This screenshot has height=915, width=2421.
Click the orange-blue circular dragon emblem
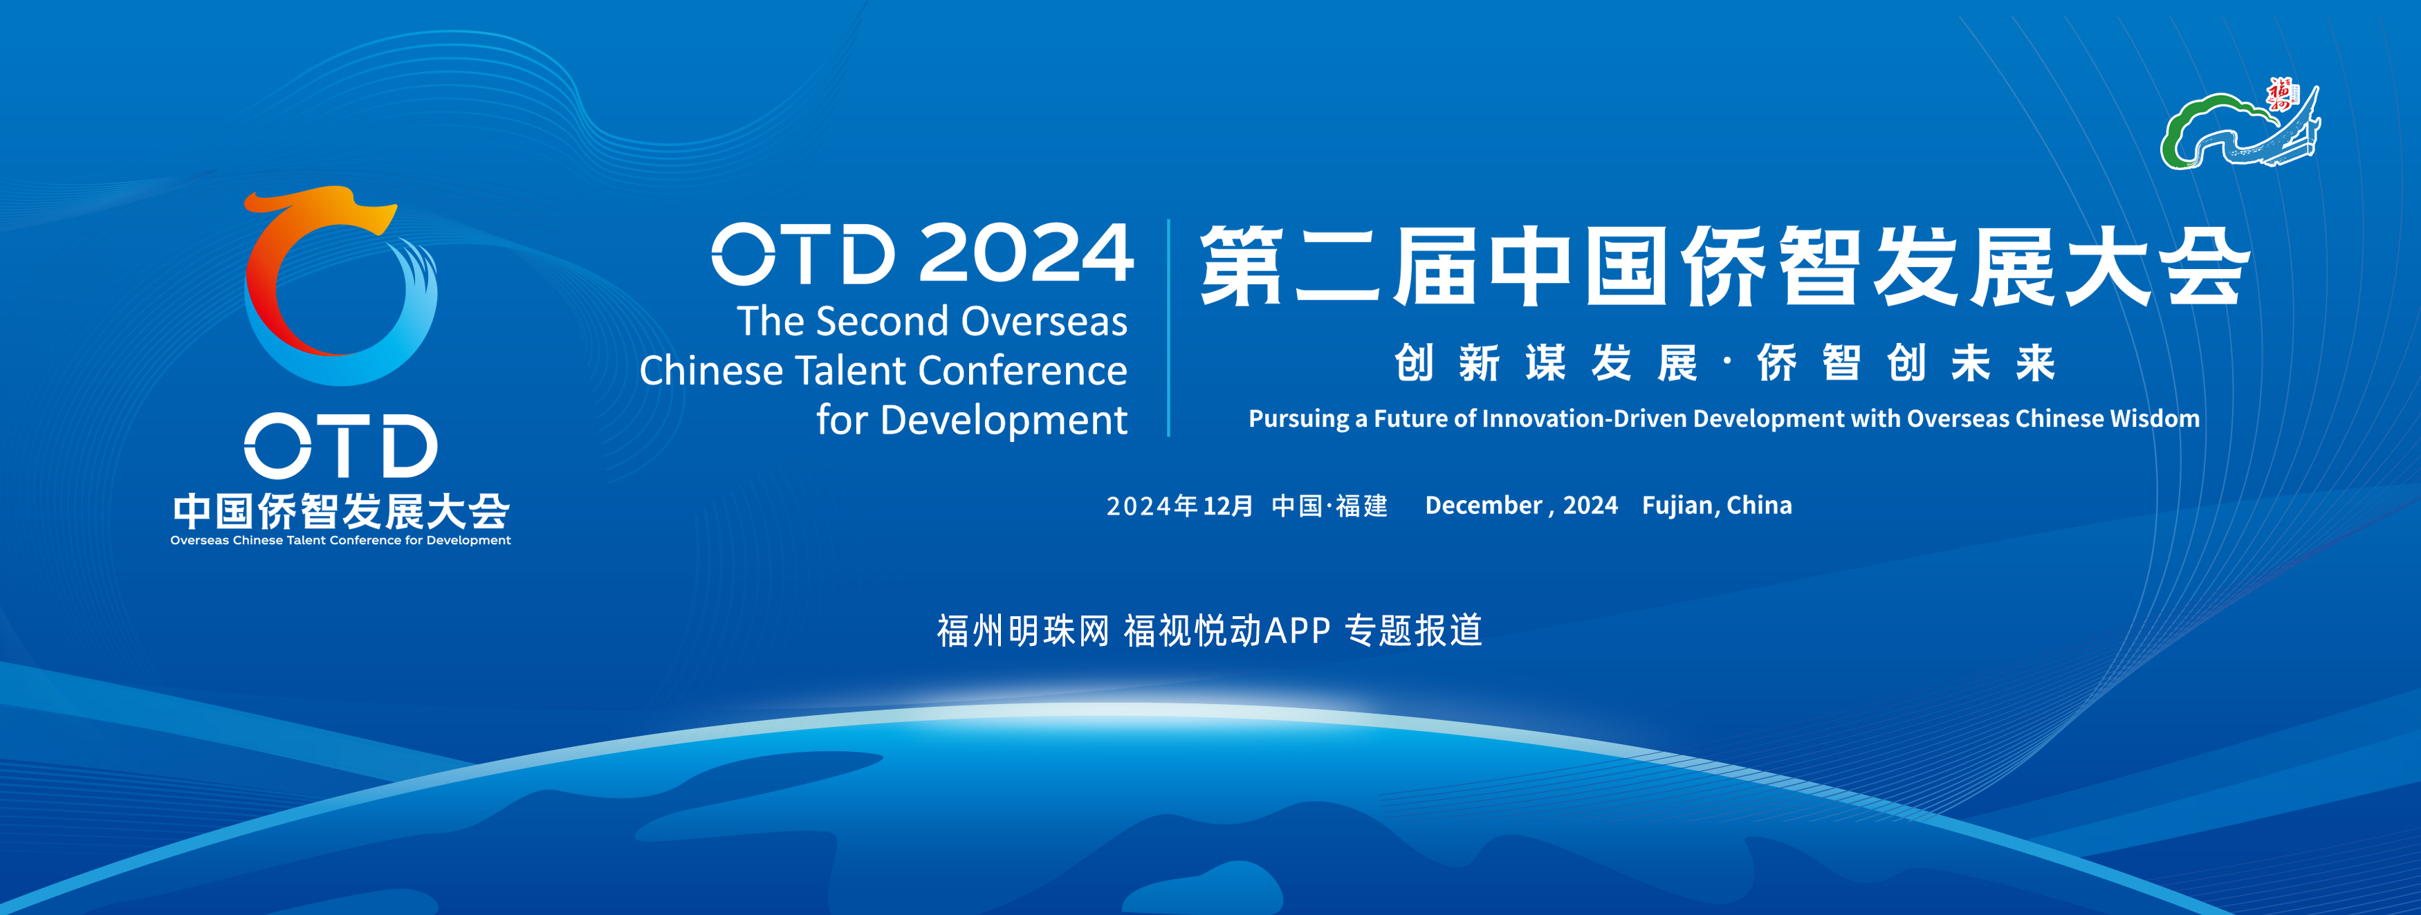pyautogui.click(x=340, y=286)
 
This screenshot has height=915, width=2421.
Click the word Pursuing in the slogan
pyautogui.click(x=1299, y=419)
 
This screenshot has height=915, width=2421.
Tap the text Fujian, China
pyautogui.click(x=1717, y=506)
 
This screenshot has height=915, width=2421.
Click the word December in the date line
pyautogui.click(x=1484, y=506)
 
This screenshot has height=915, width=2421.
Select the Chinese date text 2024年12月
pyautogui.click(x=1179, y=506)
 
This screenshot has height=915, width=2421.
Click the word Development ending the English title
pyautogui.click(x=1004, y=420)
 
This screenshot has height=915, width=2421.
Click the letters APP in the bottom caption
pyautogui.click(x=1297, y=630)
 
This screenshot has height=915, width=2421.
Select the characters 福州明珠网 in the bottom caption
pyautogui.click(x=1024, y=630)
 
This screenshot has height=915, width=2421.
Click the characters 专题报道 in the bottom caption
pyautogui.click(x=1413, y=630)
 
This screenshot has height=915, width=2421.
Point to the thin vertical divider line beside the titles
pyautogui.click(x=1168, y=328)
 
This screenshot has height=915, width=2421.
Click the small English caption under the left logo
pyautogui.click(x=340, y=540)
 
